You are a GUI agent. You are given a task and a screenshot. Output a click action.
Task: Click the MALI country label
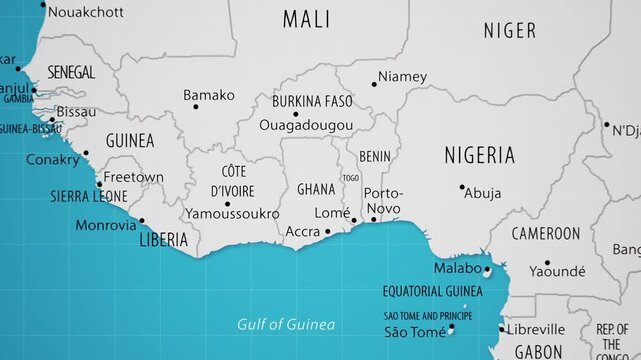[x=306, y=18]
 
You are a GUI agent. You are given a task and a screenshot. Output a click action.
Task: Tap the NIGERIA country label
[x=479, y=155]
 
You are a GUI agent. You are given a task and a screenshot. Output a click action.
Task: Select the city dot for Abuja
[x=462, y=187]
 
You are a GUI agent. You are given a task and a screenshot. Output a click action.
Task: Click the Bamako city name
[x=209, y=95]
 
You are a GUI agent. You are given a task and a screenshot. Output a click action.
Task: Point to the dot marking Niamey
[x=374, y=83]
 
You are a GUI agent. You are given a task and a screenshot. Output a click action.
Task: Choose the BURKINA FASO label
[x=313, y=101]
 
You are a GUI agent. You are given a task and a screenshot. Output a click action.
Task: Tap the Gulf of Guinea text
[x=286, y=324]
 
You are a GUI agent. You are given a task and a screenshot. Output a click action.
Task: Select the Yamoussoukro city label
[x=232, y=214]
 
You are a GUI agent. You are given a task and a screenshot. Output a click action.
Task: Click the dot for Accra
[x=327, y=232]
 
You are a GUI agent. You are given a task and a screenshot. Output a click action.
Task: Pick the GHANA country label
[x=316, y=189]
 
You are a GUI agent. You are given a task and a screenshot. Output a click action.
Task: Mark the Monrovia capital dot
[x=141, y=221]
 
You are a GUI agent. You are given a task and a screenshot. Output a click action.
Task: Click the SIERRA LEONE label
[x=88, y=197]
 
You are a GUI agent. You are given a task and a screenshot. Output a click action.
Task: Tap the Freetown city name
[x=133, y=177]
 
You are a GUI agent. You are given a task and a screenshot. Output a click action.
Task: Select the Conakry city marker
[x=86, y=153]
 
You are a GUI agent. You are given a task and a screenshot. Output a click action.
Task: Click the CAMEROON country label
[x=545, y=233]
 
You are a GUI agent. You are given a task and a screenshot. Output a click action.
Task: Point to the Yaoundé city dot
[x=547, y=263]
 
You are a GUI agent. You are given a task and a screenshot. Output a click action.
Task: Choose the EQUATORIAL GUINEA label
[x=432, y=291]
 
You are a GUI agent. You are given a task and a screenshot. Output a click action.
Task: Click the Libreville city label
[x=537, y=328]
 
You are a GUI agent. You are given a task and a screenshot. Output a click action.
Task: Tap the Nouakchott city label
[x=86, y=12]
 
